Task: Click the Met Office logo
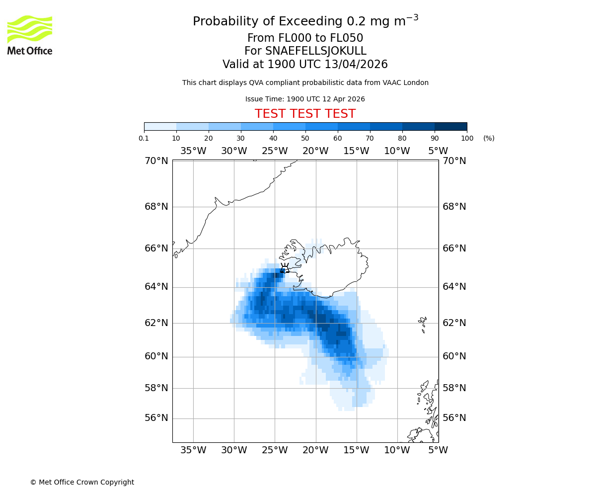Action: [x=30, y=35]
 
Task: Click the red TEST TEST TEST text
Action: [x=305, y=114]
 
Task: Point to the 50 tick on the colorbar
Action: [x=305, y=138]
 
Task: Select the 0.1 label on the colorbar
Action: [x=144, y=138]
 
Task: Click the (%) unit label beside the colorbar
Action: [x=489, y=138]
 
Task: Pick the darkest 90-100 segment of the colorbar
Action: [x=450, y=126]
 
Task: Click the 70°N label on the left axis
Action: [x=156, y=161]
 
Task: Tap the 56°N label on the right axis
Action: [x=454, y=418]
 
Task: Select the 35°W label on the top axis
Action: [x=193, y=151]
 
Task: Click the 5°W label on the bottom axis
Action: [x=438, y=450]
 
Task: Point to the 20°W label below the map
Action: [x=315, y=450]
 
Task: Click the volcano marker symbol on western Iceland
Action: [x=285, y=268]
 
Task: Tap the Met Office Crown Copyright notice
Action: [x=82, y=482]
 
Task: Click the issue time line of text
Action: [x=305, y=99]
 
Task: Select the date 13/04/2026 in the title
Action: [x=356, y=65]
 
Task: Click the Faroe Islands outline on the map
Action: [x=423, y=324]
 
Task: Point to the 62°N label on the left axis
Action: [x=156, y=323]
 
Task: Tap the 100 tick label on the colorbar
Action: [x=467, y=138]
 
